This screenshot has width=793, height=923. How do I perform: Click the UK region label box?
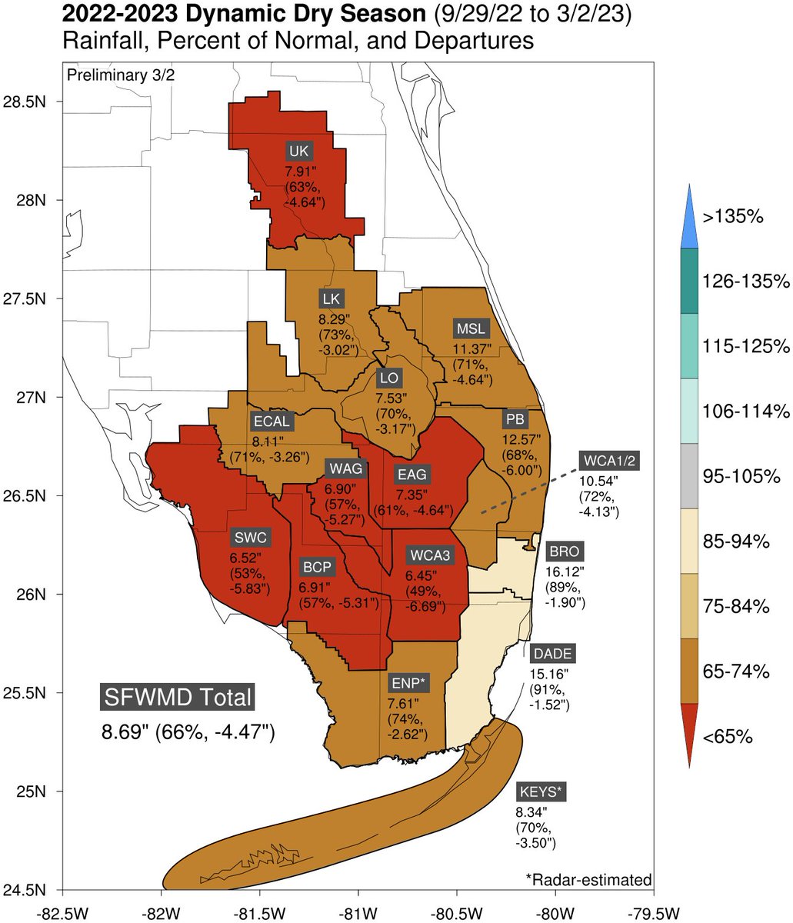298,150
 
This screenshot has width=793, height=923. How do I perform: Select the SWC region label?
250,537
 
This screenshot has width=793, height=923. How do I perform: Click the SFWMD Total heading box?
178,697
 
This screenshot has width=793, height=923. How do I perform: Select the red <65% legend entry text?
727,738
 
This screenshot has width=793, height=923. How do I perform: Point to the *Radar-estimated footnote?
588,879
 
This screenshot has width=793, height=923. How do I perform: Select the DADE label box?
552,654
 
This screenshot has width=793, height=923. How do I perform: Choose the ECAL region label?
272,422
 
